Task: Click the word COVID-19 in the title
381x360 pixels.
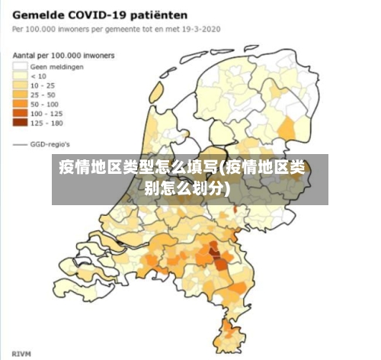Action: point(95,14)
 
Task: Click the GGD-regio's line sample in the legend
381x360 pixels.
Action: point(19,143)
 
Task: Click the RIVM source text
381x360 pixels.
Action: point(21,353)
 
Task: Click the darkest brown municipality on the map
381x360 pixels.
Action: point(219,263)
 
